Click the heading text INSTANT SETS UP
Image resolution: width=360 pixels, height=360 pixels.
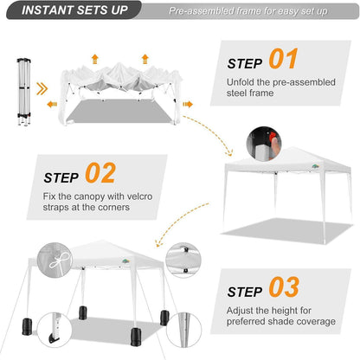74,10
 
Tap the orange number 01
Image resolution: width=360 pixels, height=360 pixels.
283,59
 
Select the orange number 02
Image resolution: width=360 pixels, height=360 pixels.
100,173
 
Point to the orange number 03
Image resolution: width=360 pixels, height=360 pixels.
284,286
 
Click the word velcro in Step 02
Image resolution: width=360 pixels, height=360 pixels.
139,196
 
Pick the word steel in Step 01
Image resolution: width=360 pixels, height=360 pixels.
235,93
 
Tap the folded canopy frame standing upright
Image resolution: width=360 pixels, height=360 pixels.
24,92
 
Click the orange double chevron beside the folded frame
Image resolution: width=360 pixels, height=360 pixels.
42,89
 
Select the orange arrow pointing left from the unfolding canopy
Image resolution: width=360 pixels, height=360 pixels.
52,104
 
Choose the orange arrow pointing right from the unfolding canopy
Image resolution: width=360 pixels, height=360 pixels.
188,104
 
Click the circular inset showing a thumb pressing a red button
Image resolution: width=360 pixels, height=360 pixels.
264,144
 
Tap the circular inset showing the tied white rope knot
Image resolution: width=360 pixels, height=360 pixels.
55,260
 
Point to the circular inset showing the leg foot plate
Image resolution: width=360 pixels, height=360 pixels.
55,330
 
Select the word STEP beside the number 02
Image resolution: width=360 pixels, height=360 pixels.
61,178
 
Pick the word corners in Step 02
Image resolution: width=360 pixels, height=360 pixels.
113,208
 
